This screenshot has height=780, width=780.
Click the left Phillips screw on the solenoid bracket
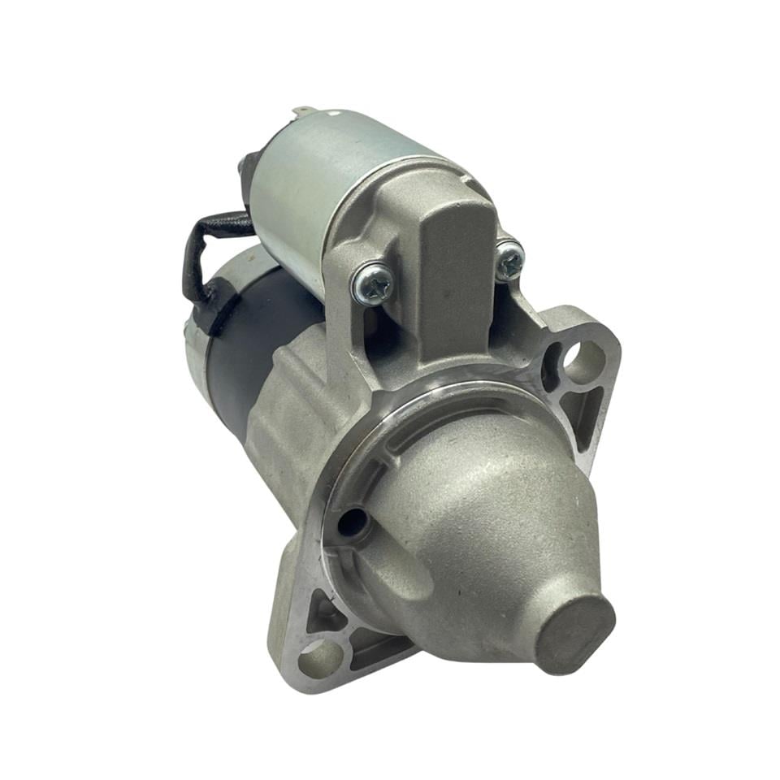(x=373, y=283)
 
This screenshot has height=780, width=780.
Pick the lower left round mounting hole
(x=317, y=656)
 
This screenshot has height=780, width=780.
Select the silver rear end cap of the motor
(x=195, y=357)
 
